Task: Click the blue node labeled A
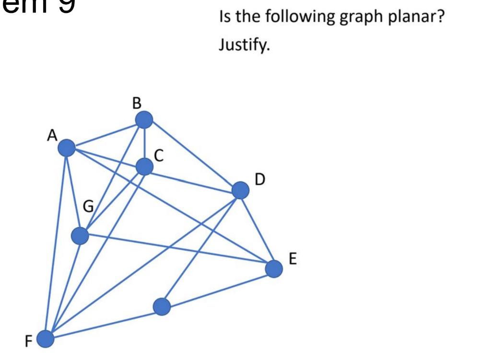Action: pos(68,148)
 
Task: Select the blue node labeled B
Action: pos(144,119)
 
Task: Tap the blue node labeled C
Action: pos(144,167)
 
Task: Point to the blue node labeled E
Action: pos(274,268)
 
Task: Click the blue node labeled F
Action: pos(46,339)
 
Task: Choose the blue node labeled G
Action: pos(80,235)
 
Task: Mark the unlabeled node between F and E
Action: pos(162,306)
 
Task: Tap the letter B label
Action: pos(138,103)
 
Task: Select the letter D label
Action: pos(259,180)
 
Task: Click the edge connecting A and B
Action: pos(106,134)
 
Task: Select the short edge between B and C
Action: pos(144,143)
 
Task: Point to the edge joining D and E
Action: pos(257,230)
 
